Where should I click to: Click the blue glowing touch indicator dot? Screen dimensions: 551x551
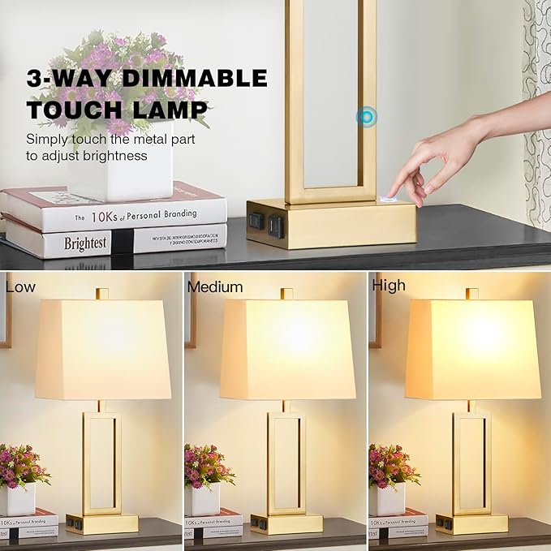pyautogui.click(x=367, y=118)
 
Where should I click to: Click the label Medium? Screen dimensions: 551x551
pyautogui.click(x=215, y=286)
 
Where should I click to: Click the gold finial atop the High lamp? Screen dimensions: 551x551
pyautogui.click(x=471, y=293)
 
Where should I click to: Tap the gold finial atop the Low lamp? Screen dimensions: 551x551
pyautogui.click(x=101, y=293)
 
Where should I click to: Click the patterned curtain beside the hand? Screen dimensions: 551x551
pyautogui.click(x=537, y=105)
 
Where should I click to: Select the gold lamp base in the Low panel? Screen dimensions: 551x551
pyautogui.click(x=102, y=523)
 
